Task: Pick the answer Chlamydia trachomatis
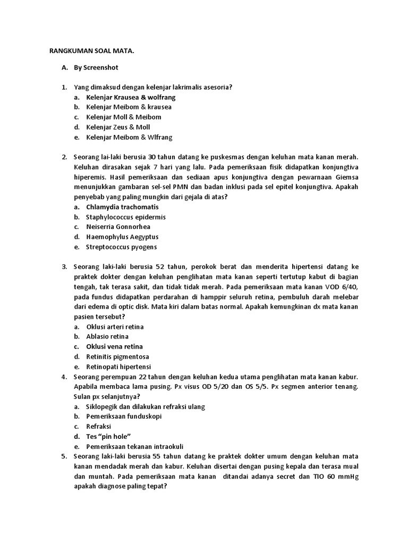click(122, 207)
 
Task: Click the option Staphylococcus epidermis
click(126, 217)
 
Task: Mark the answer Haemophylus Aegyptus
click(122, 237)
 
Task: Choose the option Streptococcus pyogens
click(122, 247)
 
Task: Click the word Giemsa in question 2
click(347, 177)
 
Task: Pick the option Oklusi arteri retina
click(115, 327)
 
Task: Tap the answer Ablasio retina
click(107, 336)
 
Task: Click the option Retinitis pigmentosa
click(117, 356)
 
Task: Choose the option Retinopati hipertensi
click(118, 367)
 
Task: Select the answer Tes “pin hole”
click(108, 436)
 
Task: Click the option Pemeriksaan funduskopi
click(124, 416)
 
